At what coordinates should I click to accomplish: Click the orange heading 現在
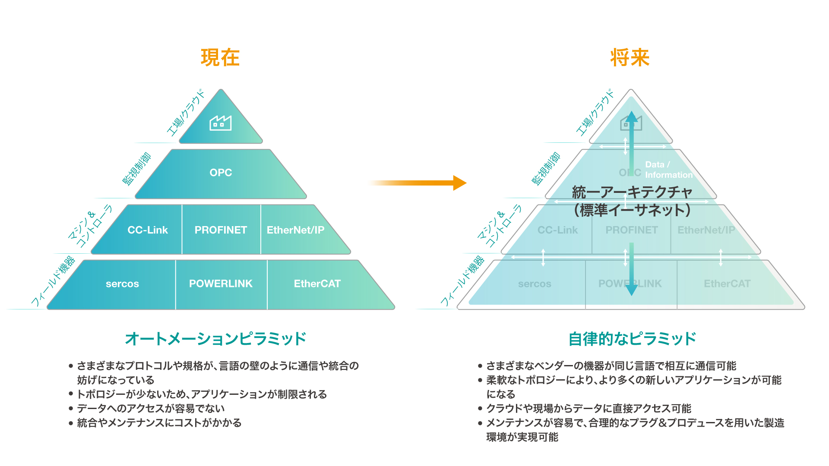(220, 58)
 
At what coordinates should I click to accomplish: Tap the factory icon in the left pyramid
(220, 123)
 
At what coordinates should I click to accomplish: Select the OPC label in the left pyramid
(221, 173)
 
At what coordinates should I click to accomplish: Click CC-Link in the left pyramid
(147, 230)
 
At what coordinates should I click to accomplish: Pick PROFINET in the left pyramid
(221, 230)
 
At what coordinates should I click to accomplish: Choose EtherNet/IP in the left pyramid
(295, 230)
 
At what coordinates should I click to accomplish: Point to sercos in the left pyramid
(122, 284)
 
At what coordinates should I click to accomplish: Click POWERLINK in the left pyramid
(221, 283)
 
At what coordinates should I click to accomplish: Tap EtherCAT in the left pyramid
(317, 283)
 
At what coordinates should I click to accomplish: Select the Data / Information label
(668, 170)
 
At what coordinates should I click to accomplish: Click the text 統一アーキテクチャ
(632, 192)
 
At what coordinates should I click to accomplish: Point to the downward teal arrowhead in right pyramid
(631, 290)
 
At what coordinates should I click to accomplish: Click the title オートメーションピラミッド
(215, 339)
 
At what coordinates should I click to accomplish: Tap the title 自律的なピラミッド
(632, 339)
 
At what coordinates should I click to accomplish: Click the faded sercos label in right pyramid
(535, 284)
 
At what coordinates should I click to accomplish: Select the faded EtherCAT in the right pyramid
(727, 283)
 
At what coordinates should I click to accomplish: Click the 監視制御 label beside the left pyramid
(137, 168)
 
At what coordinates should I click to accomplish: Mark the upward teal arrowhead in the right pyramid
(631, 116)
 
